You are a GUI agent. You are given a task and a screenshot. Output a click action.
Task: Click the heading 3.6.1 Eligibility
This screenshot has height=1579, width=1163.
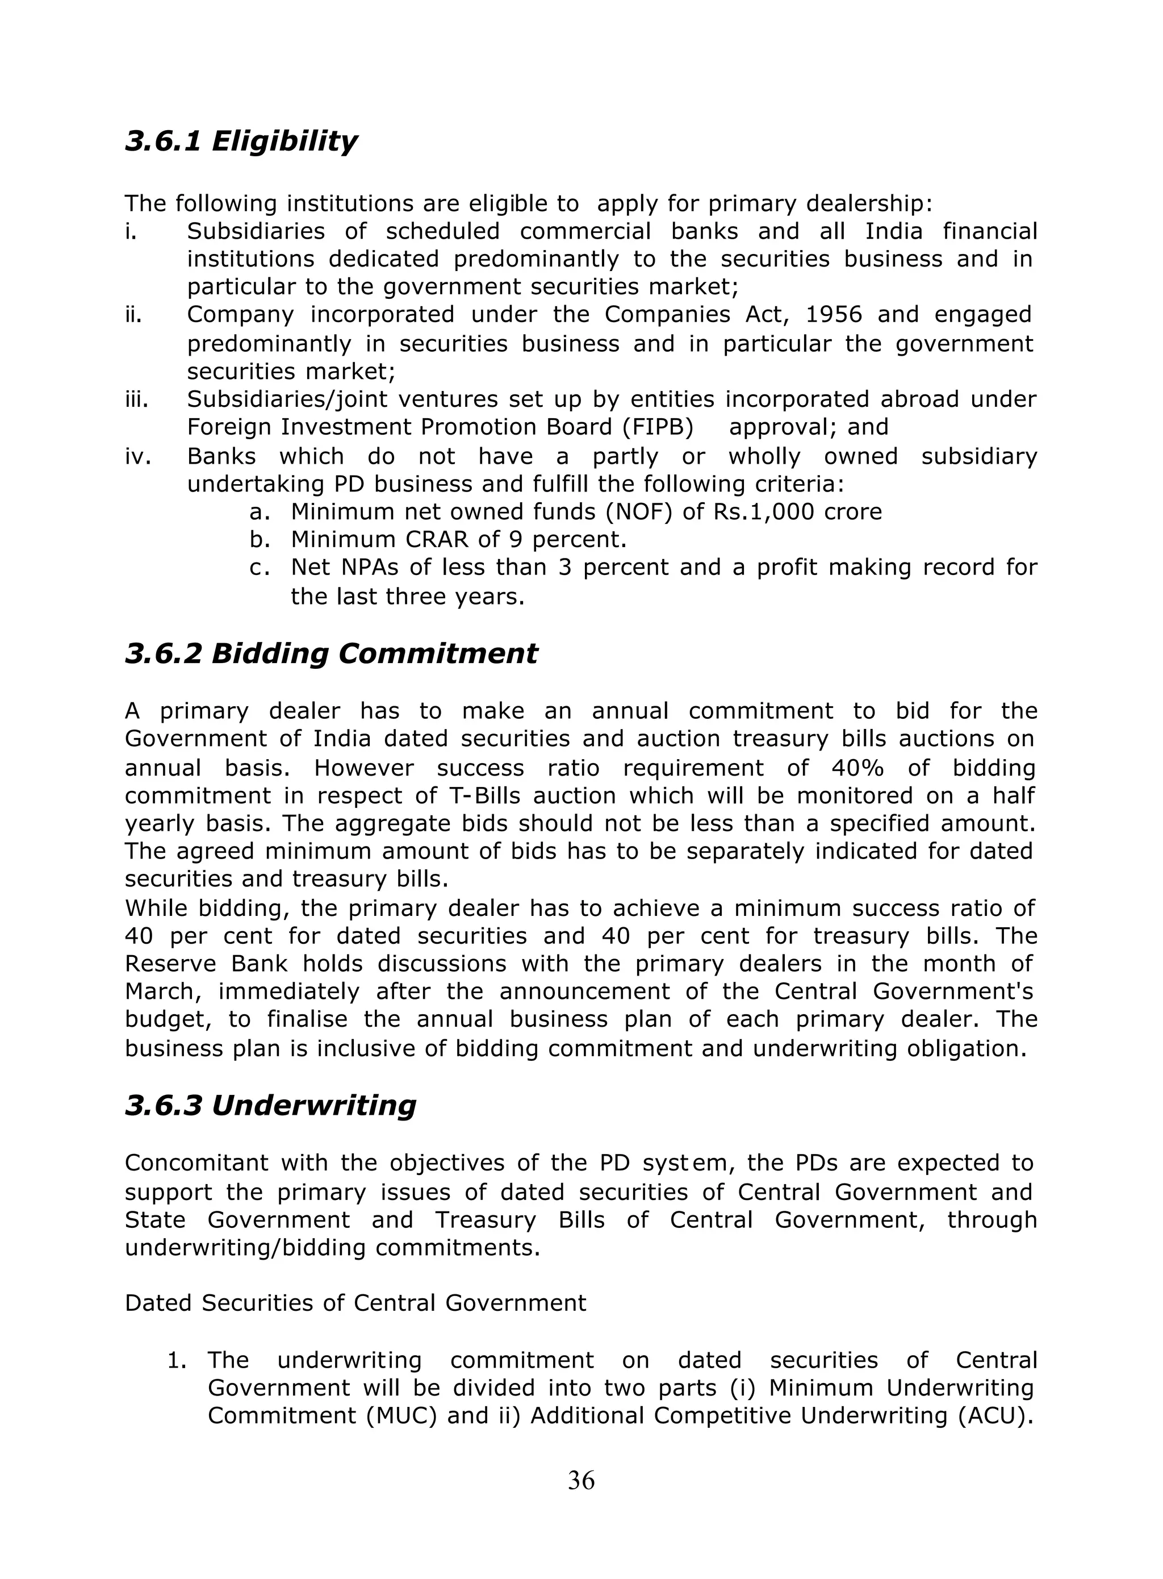[x=241, y=141]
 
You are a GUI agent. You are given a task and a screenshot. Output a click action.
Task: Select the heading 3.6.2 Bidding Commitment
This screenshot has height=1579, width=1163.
[x=331, y=653]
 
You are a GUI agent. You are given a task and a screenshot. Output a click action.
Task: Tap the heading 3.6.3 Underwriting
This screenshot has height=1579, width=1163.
[x=270, y=1106]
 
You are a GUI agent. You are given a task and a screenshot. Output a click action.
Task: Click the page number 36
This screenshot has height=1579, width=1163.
[x=581, y=1481]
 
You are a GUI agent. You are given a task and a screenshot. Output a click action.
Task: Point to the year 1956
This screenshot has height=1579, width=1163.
[x=833, y=315]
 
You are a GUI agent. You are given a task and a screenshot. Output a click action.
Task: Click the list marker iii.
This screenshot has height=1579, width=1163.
[x=137, y=400]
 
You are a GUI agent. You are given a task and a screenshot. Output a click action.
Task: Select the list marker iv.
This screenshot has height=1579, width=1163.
[x=138, y=457]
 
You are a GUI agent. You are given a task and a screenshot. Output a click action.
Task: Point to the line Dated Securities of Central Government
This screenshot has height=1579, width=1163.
[x=355, y=1303]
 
